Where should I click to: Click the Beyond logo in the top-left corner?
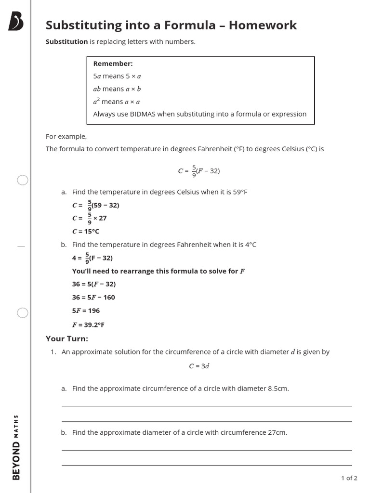[16, 22]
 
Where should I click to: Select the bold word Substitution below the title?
[66, 42]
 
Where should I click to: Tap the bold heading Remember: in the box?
[113, 64]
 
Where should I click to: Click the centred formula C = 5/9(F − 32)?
[198, 171]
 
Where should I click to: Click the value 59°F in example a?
[240, 192]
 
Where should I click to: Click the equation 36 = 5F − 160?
[93, 298]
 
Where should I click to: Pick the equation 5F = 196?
[86, 311]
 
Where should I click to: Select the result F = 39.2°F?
[88, 325]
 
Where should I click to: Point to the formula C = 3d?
[198, 366]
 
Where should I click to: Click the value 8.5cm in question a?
[278, 389]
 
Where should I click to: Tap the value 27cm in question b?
[277, 432]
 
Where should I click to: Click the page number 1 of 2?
[349, 478]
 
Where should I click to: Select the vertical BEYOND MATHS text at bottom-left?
[16, 447]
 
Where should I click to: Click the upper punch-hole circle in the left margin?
[23, 181]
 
